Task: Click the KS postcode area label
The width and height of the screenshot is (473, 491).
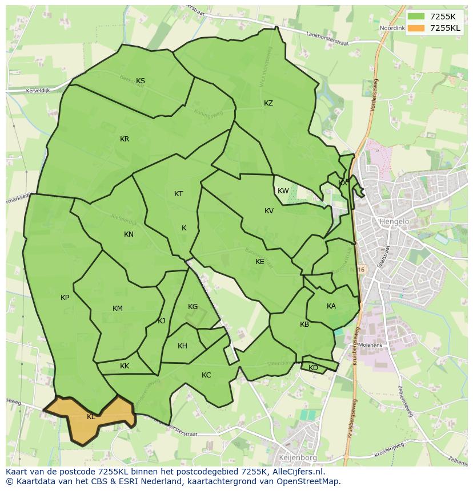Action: pyautogui.click(x=141, y=81)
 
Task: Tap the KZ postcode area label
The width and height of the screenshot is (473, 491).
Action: pyautogui.click(x=268, y=103)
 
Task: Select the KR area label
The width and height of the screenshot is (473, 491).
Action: pyautogui.click(x=125, y=139)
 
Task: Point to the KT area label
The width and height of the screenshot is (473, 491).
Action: pyautogui.click(x=178, y=194)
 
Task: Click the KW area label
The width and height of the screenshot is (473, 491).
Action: pyautogui.click(x=283, y=191)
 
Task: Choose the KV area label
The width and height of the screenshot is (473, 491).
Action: pyautogui.click(x=269, y=211)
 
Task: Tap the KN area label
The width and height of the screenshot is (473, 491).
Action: pyautogui.click(x=129, y=234)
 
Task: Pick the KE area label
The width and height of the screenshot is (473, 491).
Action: pyautogui.click(x=260, y=262)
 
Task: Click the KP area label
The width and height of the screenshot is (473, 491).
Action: pyautogui.click(x=65, y=298)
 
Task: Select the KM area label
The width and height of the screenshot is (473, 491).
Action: pyautogui.click(x=118, y=309)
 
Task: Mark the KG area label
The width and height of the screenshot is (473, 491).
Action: pyautogui.click(x=193, y=307)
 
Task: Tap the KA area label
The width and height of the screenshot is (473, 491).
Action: pyautogui.click(x=331, y=306)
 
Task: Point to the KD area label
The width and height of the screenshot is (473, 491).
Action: pyautogui.click(x=313, y=368)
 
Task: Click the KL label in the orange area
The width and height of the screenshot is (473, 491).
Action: pyautogui.click(x=91, y=417)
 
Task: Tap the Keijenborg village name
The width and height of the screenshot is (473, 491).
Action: pyautogui.click(x=297, y=457)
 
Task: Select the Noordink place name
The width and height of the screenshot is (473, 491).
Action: pyautogui.click(x=392, y=28)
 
